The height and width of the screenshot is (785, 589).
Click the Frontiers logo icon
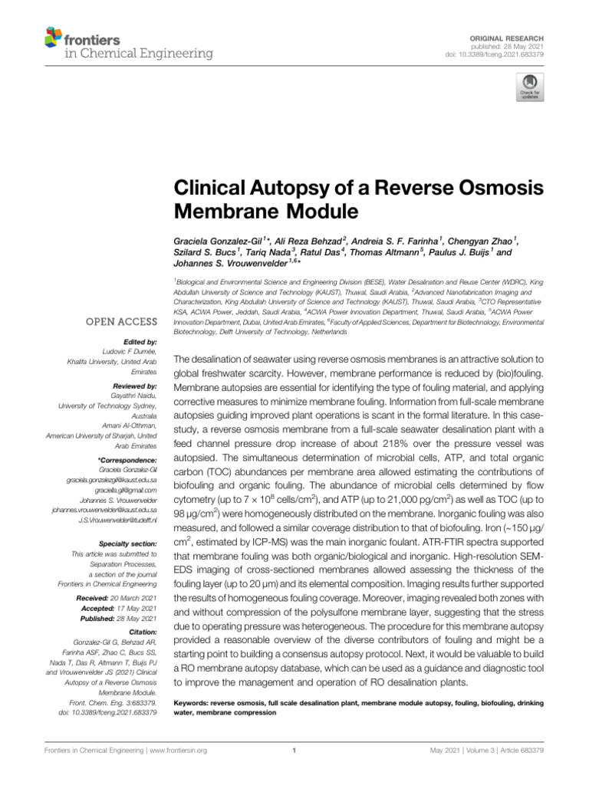pyautogui.click(x=53, y=36)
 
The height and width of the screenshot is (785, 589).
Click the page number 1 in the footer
pyautogui.click(x=294, y=751)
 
